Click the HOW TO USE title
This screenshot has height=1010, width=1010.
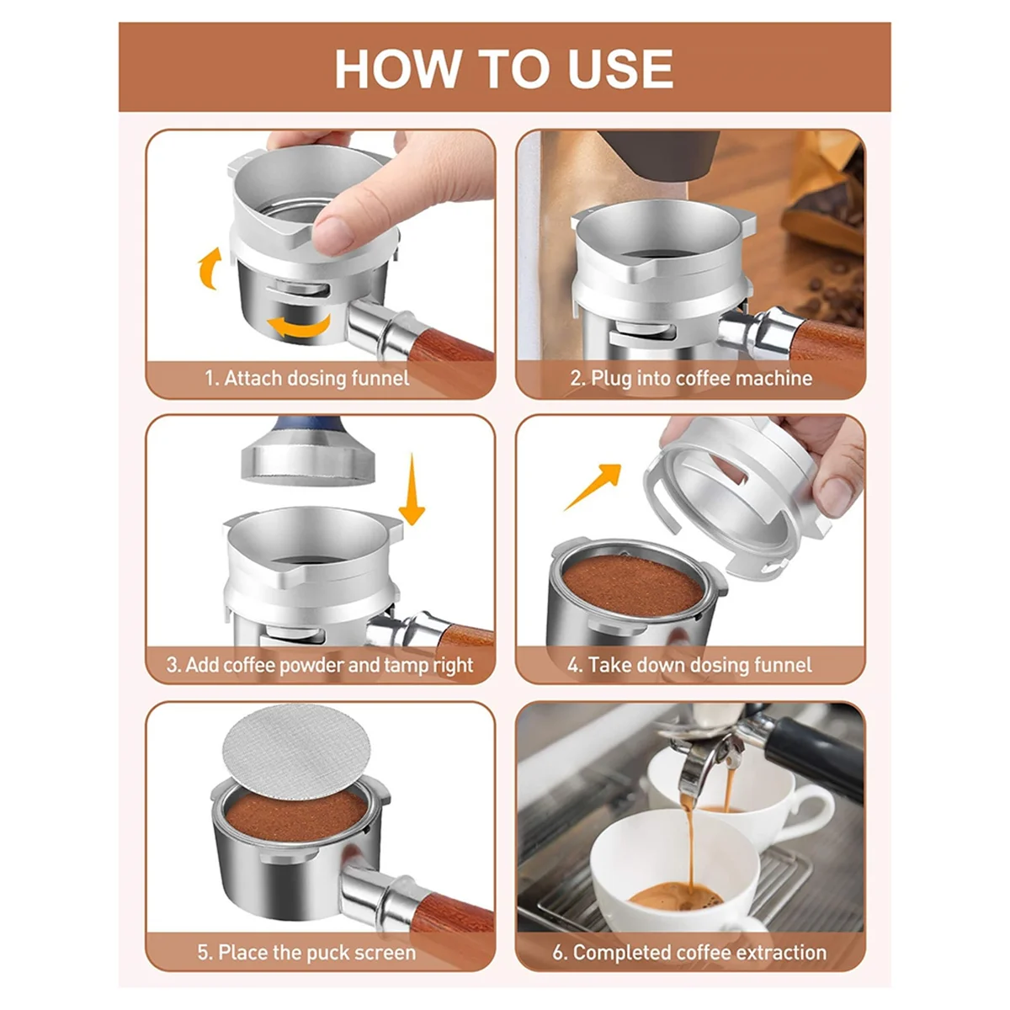tap(504, 69)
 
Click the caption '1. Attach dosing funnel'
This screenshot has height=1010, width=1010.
tap(307, 378)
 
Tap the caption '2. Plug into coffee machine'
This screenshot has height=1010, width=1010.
tap(691, 378)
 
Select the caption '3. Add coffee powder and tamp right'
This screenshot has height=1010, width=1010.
tap(320, 665)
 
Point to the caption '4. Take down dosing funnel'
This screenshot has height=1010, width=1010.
tap(689, 665)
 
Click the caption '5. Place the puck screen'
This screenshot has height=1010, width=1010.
tap(307, 953)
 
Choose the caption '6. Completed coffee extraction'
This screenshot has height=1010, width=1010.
tap(689, 953)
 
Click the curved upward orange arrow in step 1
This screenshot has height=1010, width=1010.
tap(209, 268)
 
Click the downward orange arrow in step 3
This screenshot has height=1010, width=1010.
tap(412, 488)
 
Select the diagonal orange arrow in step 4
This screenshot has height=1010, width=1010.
tap(593, 486)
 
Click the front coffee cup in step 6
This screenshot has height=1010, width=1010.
tap(665, 867)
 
